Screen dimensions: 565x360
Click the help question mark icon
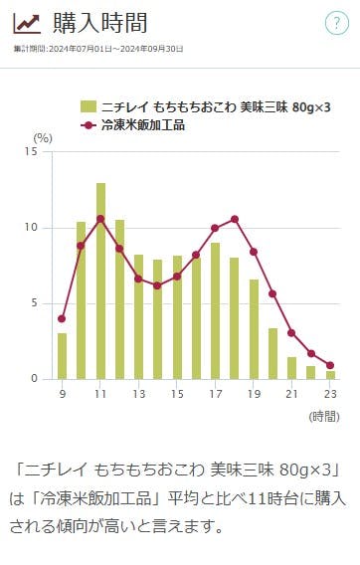tap(337, 25)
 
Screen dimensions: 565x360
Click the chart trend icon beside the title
tap(27, 25)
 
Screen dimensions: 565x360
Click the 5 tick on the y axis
tap(35, 303)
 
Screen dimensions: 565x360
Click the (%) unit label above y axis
tap(43, 137)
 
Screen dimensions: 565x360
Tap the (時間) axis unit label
tap(324, 417)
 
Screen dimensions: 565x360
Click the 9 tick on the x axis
tap(62, 395)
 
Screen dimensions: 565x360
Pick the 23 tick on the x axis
tap(330, 395)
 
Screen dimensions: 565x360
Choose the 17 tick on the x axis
tap(215, 395)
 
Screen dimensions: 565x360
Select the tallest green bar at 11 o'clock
tap(100, 281)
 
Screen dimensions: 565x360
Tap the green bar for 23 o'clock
tap(330, 375)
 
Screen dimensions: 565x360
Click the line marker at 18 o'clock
tap(235, 219)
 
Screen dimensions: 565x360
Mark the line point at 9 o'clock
tap(62, 318)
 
